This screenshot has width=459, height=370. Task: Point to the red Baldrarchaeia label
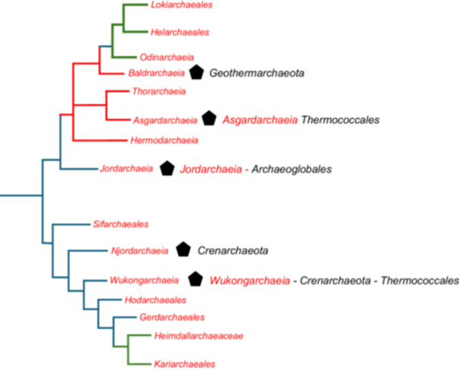(155, 74)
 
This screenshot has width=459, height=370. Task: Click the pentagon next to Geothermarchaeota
(197, 73)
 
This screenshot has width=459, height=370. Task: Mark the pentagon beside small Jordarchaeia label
(167, 168)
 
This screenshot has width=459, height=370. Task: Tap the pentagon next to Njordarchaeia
(182, 249)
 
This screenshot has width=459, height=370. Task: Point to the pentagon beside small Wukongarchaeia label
(195, 279)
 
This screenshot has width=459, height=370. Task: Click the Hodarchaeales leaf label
(153, 300)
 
